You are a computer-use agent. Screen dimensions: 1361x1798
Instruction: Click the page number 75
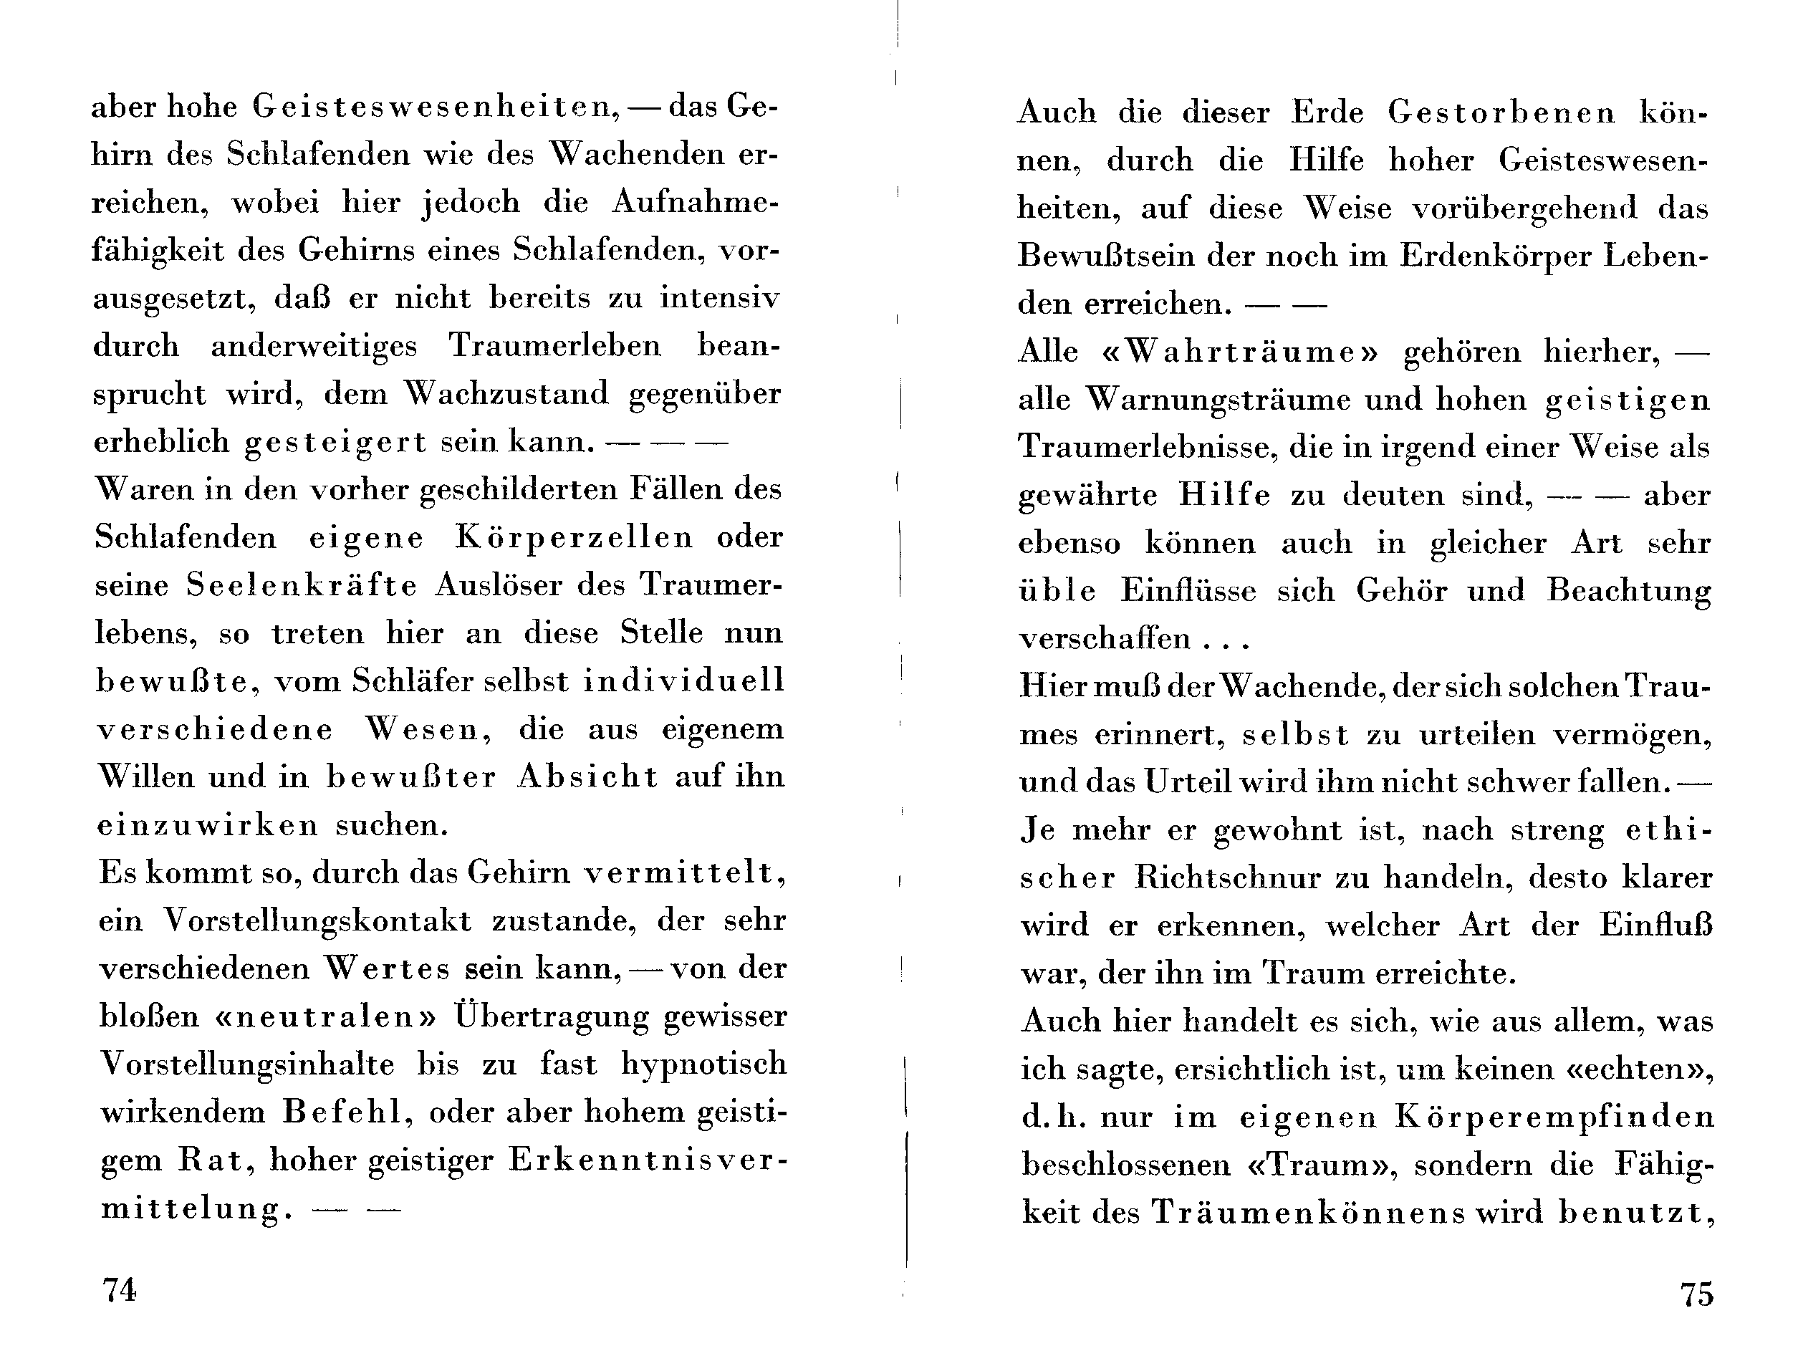pos(1697,1293)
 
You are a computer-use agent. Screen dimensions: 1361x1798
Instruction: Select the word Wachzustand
pos(506,393)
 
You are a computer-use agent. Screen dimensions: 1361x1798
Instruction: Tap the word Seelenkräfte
pos(302,585)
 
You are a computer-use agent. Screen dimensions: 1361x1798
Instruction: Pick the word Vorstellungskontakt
pos(317,920)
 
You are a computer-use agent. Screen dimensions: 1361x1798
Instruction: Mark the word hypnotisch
pos(704,1065)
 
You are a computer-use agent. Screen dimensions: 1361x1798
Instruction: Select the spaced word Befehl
pos(342,1112)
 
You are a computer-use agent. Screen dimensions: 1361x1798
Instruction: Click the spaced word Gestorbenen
pos(1501,112)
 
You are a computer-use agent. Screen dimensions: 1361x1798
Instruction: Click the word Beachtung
pos(1629,590)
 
